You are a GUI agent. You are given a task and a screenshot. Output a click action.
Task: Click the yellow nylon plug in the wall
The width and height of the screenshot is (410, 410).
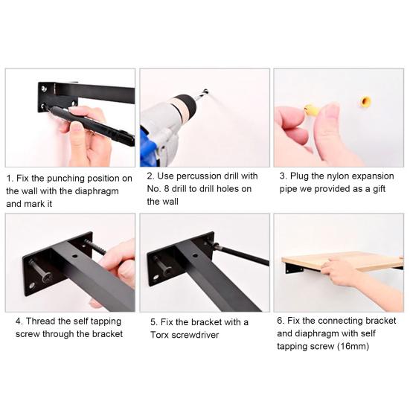point(365,101)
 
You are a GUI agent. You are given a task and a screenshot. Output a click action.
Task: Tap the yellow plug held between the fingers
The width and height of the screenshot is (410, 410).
point(311,109)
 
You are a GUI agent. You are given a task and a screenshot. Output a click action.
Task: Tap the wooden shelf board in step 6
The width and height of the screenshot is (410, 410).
point(342,260)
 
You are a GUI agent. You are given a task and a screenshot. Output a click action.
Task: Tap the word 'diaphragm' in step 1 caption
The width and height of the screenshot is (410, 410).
point(97,191)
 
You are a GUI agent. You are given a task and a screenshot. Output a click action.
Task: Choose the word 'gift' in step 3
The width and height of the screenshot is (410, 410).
point(379,189)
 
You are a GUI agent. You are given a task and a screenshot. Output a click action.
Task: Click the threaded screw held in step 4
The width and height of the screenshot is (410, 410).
point(95,247)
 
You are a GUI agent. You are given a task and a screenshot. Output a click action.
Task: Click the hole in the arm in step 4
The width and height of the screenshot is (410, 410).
point(75,256)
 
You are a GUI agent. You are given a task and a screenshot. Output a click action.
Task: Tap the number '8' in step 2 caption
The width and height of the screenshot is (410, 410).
point(167,189)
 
